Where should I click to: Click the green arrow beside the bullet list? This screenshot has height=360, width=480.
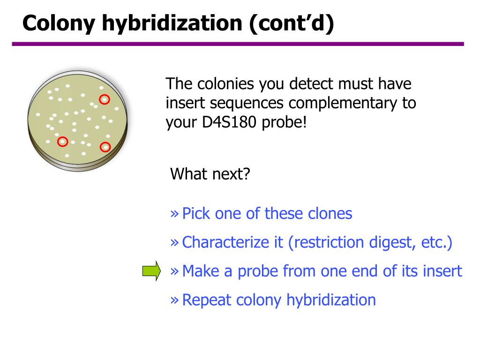pyautogui.click(x=151, y=271)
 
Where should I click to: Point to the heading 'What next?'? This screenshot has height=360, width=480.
pyautogui.click(x=210, y=174)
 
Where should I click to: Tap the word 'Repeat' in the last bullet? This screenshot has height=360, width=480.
pyautogui.click(x=207, y=300)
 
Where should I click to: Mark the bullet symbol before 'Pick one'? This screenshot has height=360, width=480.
pyautogui.click(x=174, y=214)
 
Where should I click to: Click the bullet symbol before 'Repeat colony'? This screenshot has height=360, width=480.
pyautogui.click(x=174, y=300)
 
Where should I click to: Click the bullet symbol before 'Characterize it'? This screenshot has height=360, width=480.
pyautogui.click(x=174, y=243)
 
